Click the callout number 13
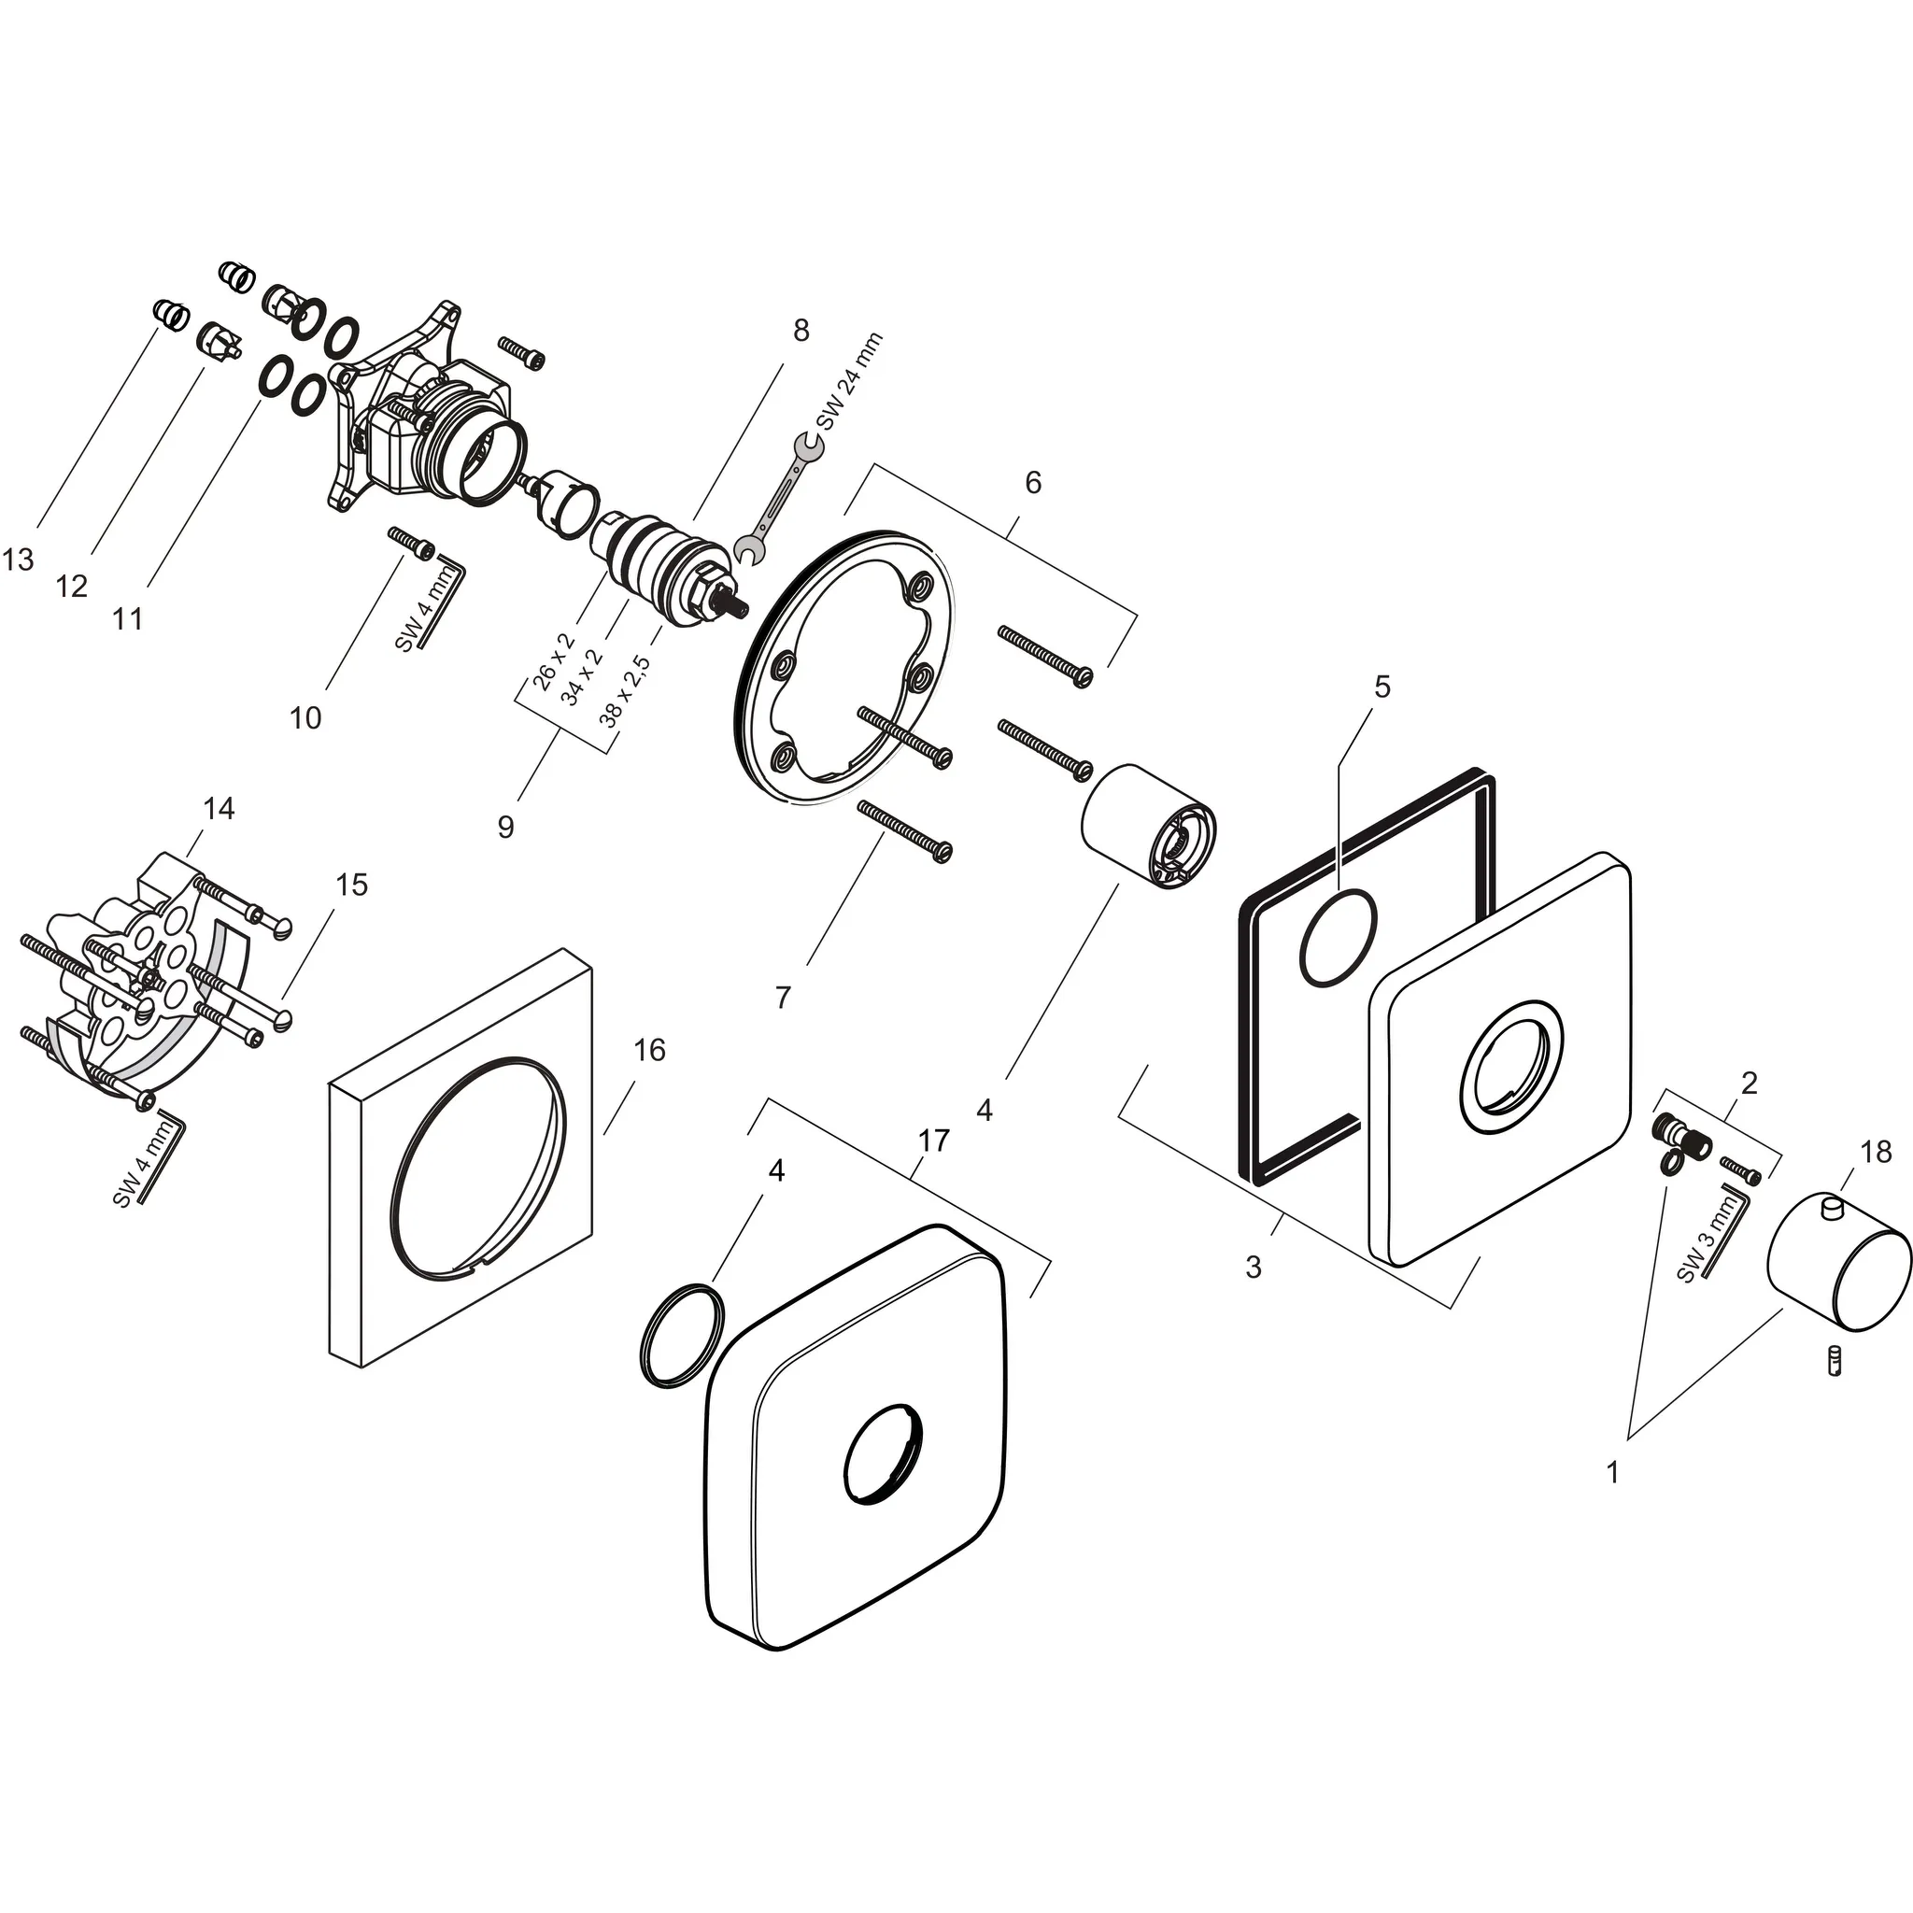[18, 560]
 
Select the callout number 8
[801, 330]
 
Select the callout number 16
[648, 1050]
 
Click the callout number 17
[933, 1141]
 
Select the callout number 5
[1382, 687]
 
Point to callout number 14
[218, 809]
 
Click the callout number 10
[305, 718]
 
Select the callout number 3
[1254, 1267]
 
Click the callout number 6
[1033, 482]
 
